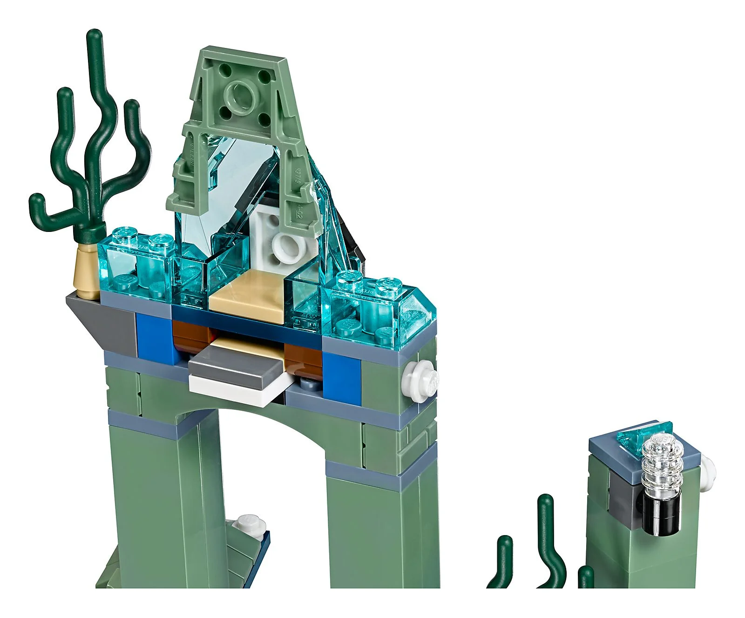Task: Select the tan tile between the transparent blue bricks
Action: coord(247,298)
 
